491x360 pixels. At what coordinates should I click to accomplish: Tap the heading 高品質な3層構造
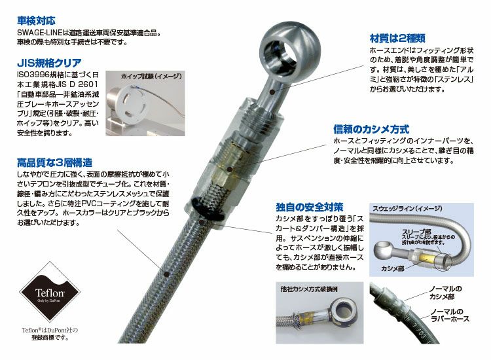[x=54, y=162]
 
